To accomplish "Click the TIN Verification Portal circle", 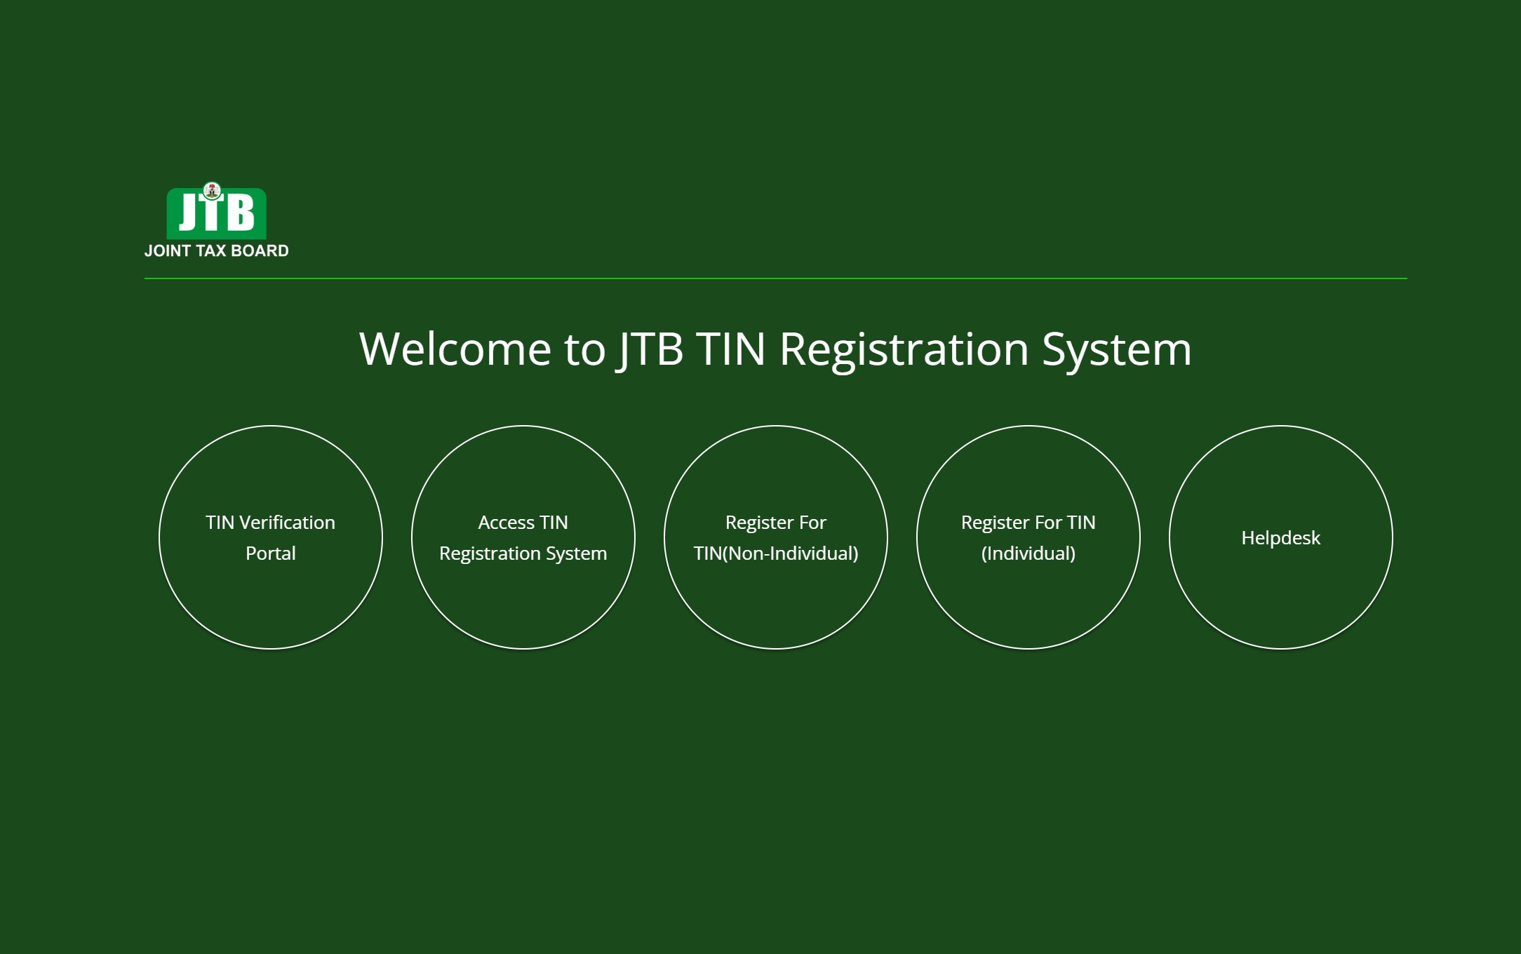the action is pos(271,537).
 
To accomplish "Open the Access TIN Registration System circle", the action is pos(523,537).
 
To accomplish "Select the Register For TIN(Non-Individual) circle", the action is pos(776,537).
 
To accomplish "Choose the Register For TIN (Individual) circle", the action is pos(1028,537).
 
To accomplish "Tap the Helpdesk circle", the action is pos(1281,537).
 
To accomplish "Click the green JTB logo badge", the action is pos(216,213).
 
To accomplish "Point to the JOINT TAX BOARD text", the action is pos(217,251).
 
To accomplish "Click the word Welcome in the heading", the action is pos(455,349).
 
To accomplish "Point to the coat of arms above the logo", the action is pos(212,191).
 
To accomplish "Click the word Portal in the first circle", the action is pos(271,553).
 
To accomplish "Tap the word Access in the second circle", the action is pos(507,523).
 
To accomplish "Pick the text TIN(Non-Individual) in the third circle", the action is pos(776,553).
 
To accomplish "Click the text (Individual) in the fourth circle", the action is pos(1028,553).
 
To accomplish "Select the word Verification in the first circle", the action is pos(287,523).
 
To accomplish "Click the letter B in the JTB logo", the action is pos(241,213).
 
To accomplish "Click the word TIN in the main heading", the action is pos(731,349).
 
